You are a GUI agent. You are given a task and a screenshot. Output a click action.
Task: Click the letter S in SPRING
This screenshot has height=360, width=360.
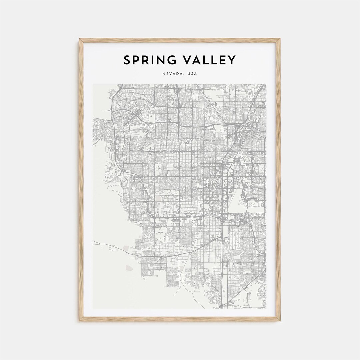click(x=127, y=60)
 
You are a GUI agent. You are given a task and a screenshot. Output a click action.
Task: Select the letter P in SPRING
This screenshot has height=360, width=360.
click(x=136, y=60)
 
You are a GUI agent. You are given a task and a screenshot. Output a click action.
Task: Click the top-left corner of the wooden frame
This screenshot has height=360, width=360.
click(x=80, y=39)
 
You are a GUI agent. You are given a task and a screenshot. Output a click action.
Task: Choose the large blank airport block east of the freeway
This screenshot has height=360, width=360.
click(x=237, y=200)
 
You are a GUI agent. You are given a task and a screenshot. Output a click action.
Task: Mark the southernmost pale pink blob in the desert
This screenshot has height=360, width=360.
click(x=129, y=267)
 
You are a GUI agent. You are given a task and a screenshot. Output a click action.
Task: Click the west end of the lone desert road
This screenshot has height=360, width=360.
click(x=93, y=244)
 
